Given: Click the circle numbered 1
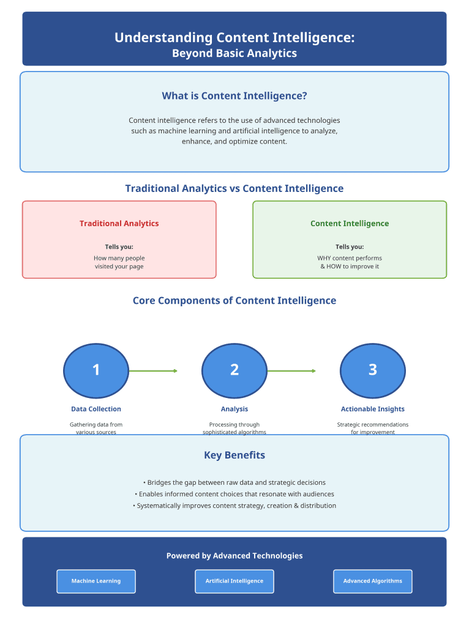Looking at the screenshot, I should (x=96, y=370).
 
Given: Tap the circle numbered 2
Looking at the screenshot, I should (x=234, y=370).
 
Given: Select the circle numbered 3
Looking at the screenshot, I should (x=372, y=370).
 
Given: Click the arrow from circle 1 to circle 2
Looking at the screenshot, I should (x=153, y=371).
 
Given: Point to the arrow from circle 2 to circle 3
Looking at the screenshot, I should (x=291, y=371).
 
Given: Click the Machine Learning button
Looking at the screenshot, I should (x=96, y=581).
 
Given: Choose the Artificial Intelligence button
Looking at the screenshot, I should (x=234, y=581).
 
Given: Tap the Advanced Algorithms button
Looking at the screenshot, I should (x=372, y=581).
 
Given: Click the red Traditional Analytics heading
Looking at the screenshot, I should (x=119, y=224).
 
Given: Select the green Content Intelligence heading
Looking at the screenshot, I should (x=350, y=224).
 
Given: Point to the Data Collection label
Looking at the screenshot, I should (x=96, y=409).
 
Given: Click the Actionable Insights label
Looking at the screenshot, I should (x=372, y=409).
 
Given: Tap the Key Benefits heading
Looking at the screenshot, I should (x=234, y=455).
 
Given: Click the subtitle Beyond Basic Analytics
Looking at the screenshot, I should (x=234, y=53).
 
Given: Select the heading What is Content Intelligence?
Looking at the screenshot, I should (x=234, y=96).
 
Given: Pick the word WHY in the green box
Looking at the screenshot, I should (x=324, y=258).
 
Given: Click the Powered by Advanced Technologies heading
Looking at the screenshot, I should (x=234, y=556).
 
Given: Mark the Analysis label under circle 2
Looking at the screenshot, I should (x=234, y=409).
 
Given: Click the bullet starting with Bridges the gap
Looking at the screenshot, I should (x=234, y=482).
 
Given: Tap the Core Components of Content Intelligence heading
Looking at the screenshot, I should (x=234, y=301).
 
